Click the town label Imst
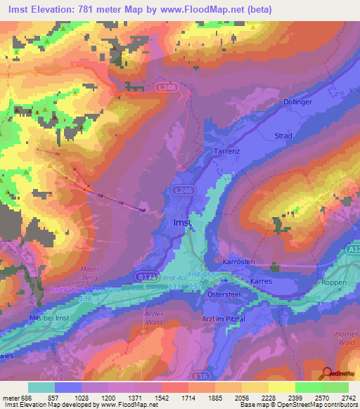[181, 222]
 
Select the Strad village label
[283, 136]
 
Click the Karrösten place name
[239, 261]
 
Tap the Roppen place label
[334, 282]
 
